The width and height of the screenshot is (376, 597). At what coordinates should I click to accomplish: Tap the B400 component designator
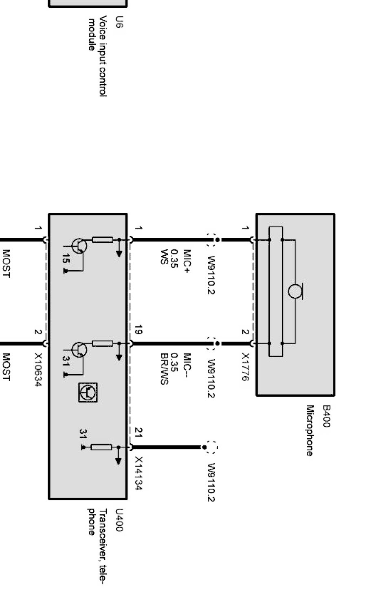tap(326, 416)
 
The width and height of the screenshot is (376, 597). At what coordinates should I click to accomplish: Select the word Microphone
tap(310, 430)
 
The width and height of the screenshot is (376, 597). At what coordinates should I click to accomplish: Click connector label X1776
tap(245, 367)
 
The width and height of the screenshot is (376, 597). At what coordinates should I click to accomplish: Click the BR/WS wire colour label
tap(164, 369)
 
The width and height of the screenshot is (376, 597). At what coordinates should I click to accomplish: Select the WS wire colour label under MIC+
tap(164, 257)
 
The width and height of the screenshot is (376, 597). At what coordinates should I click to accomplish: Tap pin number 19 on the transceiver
tap(138, 330)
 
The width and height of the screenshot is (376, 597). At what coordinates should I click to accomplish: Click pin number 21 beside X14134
tap(139, 432)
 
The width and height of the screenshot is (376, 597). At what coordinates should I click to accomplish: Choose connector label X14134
tap(139, 473)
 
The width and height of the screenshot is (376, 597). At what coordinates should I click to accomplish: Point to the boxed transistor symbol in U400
tap(88, 392)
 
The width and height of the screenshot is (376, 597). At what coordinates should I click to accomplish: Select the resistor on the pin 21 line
tap(101, 447)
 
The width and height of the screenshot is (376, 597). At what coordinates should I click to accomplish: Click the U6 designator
tap(119, 22)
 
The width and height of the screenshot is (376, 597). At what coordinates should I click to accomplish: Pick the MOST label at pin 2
tap(6, 367)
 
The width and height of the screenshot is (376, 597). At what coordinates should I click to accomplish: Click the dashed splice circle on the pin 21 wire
tap(211, 447)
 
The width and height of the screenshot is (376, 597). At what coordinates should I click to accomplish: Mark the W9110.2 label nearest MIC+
tap(211, 275)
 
